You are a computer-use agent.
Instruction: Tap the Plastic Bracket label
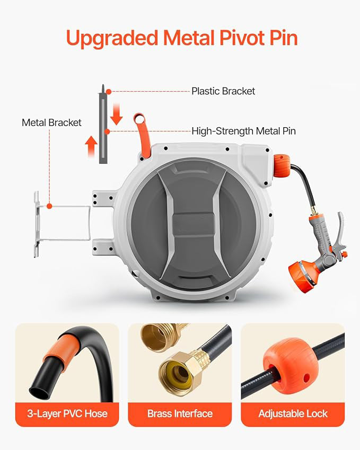223,91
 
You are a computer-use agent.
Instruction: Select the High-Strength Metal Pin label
243,130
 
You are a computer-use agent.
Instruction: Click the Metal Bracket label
51,122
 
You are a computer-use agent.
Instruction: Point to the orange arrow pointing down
117,114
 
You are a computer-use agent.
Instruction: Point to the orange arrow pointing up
91,144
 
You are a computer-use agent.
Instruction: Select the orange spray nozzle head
301,271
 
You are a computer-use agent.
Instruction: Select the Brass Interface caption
180,413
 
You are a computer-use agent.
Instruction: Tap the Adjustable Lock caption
293,413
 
